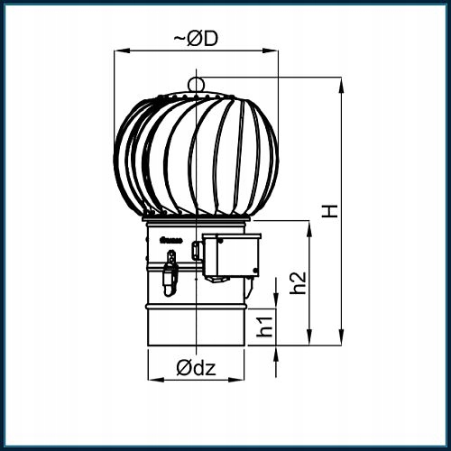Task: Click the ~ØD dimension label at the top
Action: pyautogui.click(x=196, y=39)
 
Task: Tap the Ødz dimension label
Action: pyautogui.click(x=197, y=367)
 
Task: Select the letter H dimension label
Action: pyautogui.click(x=331, y=210)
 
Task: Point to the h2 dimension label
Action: pyautogui.click(x=299, y=281)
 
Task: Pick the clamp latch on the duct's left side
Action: pyautogui.click(x=168, y=272)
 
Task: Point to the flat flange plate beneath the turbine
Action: pyautogui.click(x=196, y=219)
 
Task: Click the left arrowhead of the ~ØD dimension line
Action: pyautogui.click(x=117, y=51)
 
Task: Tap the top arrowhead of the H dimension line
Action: pyautogui.click(x=342, y=83)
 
